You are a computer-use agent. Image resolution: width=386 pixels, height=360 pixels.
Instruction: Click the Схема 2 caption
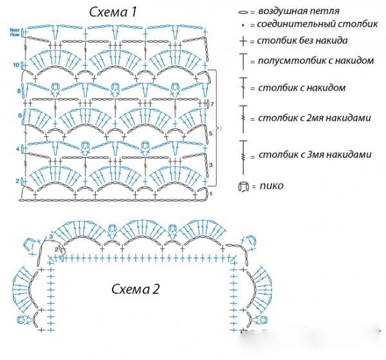(136, 289)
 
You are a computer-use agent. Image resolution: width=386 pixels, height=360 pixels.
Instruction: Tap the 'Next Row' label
(15, 32)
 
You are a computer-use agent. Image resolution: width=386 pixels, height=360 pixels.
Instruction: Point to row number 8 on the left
(19, 91)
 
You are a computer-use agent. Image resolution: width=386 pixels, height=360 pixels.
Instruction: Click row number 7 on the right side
(211, 104)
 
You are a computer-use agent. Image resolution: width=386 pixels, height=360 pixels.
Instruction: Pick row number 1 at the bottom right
(211, 193)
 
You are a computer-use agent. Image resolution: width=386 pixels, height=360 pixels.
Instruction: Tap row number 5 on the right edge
(210, 133)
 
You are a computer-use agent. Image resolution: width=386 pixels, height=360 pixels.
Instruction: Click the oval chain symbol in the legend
(243, 12)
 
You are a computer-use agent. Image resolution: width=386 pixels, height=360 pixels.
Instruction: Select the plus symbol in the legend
(243, 41)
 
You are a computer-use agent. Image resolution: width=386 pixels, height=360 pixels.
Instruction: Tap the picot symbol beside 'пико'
(243, 187)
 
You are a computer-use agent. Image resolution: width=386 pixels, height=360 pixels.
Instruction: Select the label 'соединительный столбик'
(306, 25)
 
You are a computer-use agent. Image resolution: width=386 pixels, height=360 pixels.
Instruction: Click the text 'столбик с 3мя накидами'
(315, 155)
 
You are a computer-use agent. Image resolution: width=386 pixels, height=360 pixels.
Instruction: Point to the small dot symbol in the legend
(243, 26)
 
